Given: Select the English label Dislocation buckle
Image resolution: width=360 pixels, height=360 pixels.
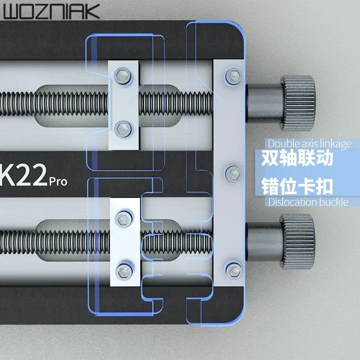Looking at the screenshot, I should pos(308,202).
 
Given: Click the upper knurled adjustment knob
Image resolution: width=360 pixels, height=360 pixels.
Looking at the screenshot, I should pos(297,98).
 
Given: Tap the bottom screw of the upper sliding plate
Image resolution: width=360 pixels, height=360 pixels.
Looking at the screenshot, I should pos(122,129).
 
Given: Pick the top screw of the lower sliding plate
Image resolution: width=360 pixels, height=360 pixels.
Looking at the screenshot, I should pos(122,218).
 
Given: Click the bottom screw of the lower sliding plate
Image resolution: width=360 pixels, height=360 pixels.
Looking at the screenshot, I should pos(122,270).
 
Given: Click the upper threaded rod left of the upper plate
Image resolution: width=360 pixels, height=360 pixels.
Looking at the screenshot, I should pos(54,100).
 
